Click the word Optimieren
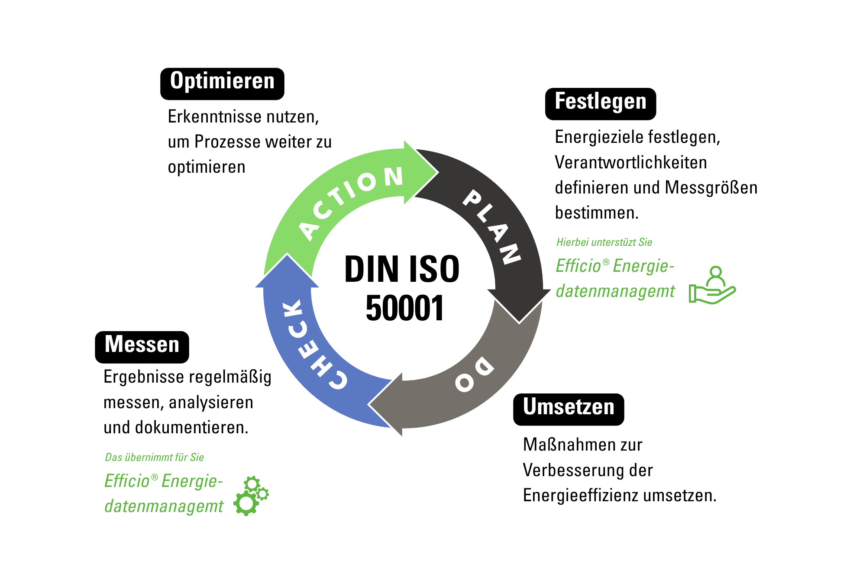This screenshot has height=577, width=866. pos(222,81)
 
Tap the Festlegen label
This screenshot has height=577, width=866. pos(600,101)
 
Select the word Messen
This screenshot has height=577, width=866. pos(142,344)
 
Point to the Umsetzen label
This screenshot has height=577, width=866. pos(568,406)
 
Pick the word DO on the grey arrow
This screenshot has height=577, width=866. pos(474,374)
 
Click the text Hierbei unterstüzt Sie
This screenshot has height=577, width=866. pos(604,242)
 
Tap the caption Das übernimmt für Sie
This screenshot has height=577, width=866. pos(154,458)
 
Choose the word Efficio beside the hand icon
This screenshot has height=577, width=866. pos(578,266)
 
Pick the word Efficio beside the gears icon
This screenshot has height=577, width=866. pos(127,481)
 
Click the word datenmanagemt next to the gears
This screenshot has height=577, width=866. pos(164,506)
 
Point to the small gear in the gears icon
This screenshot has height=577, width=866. pos(262,493)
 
